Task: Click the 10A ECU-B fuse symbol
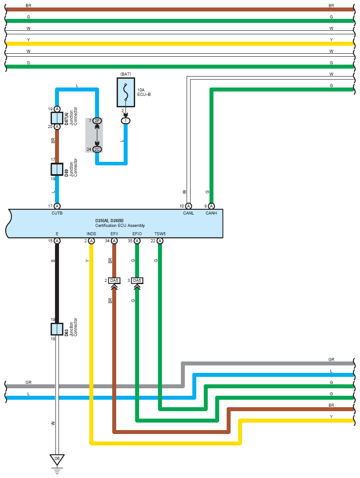tap(126, 92)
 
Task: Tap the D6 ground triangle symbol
tap(57, 460)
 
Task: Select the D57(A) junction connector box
tap(57, 118)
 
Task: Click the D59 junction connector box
tap(57, 169)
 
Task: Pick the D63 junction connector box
tap(57, 329)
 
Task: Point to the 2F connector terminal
tap(97, 121)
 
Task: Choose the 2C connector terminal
tap(97, 150)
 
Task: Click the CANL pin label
tap(188, 213)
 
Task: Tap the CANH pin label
tap(211, 213)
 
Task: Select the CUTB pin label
tap(57, 213)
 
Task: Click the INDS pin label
tap(91, 234)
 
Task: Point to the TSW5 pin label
tap(160, 234)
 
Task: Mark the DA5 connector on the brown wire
tap(114, 281)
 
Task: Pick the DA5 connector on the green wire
tap(137, 281)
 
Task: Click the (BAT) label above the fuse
tap(126, 74)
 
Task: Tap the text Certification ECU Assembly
tap(120, 226)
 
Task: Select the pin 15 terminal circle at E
tap(57, 241)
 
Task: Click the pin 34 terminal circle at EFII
tap(114, 241)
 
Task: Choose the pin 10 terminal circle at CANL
tap(188, 206)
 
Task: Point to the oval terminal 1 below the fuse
tap(125, 121)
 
